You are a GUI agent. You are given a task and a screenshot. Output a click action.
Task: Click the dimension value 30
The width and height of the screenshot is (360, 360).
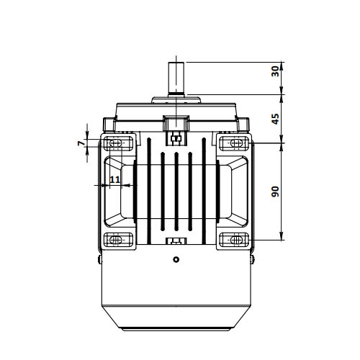(x=275, y=71)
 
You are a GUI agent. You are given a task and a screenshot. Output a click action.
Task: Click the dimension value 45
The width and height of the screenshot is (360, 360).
(x=275, y=119)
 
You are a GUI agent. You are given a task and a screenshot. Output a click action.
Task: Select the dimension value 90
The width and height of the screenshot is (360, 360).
(x=275, y=192)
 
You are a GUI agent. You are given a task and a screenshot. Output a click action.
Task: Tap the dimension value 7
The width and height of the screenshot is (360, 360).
(x=81, y=143)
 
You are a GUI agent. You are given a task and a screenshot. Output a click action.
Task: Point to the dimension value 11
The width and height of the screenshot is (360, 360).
(x=114, y=179)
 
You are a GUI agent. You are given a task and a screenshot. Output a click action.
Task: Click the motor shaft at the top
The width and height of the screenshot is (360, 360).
(x=176, y=78)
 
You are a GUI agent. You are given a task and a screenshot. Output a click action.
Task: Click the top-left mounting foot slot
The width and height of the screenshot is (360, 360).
(x=116, y=143)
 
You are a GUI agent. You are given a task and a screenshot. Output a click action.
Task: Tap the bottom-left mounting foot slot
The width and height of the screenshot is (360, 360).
(x=116, y=240)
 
